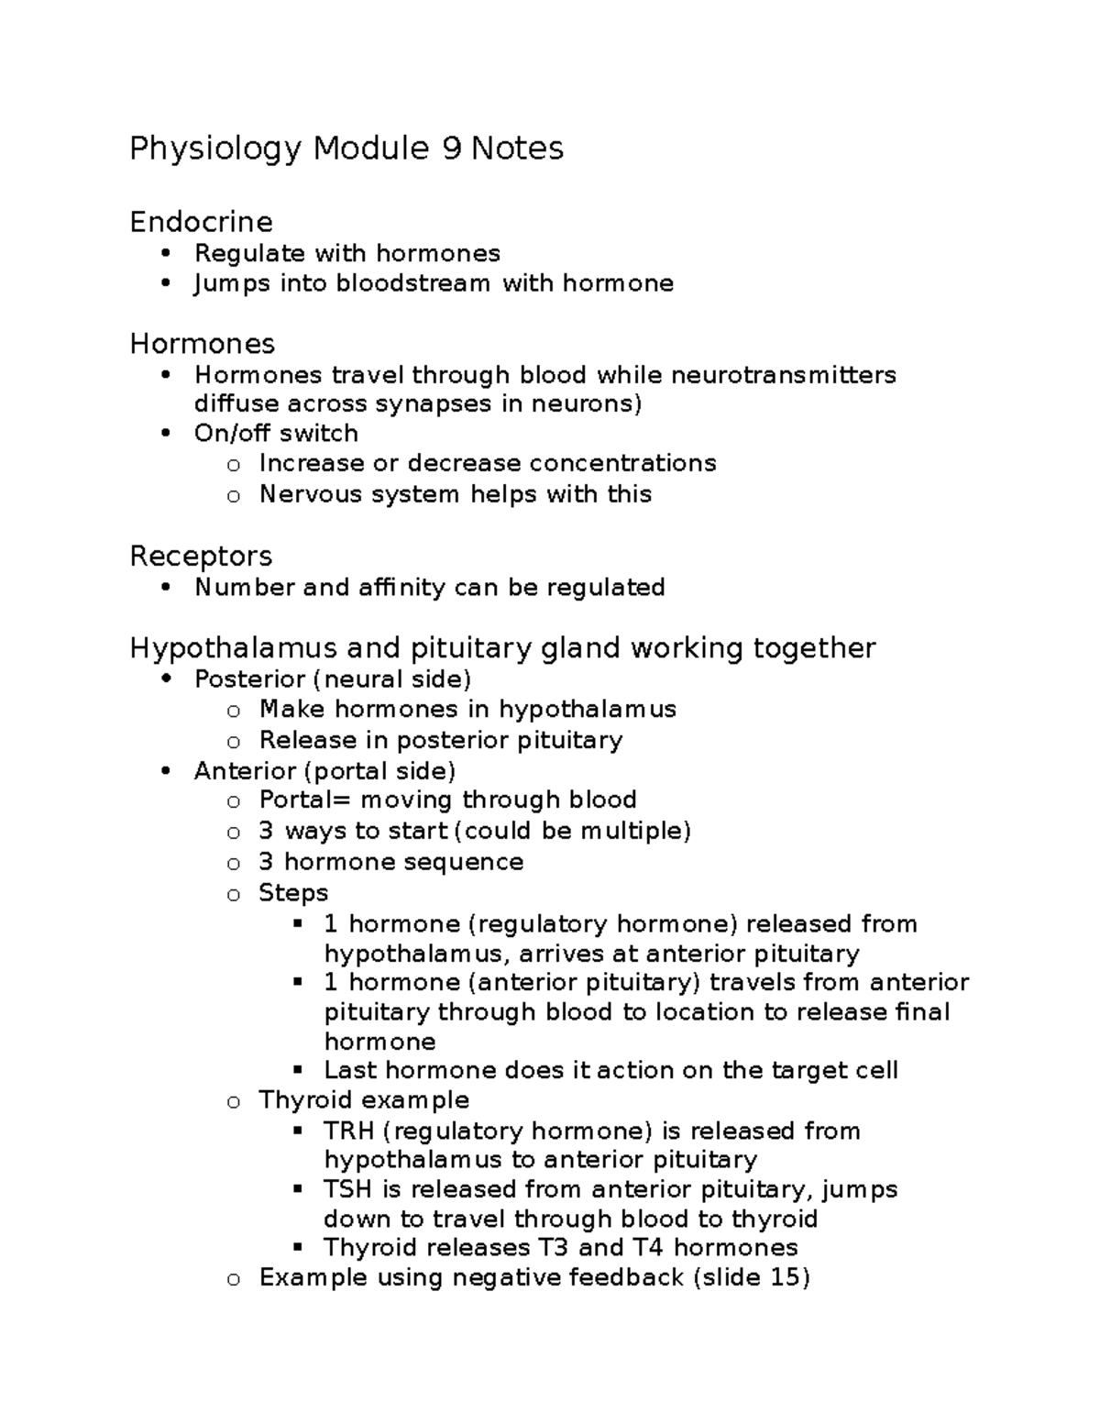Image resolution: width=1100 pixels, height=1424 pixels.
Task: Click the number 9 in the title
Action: click(451, 148)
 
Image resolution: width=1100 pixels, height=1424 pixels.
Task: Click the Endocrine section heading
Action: click(201, 222)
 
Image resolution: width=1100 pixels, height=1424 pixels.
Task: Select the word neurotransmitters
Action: click(784, 375)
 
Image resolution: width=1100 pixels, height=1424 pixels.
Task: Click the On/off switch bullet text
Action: click(276, 434)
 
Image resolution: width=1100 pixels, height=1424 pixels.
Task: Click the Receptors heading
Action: click(201, 556)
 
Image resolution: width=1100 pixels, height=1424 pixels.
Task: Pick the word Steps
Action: click(293, 893)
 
